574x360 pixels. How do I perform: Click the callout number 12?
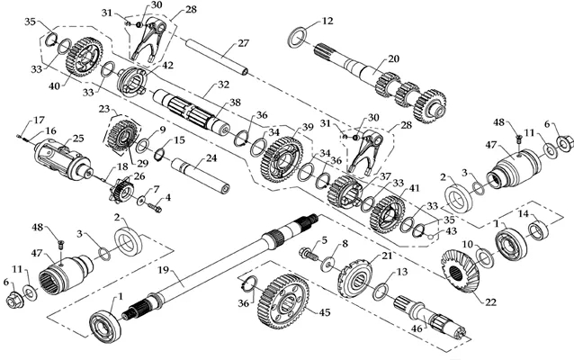point(327,21)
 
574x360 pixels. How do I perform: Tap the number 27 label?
point(243,43)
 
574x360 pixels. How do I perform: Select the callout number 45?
point(325,312)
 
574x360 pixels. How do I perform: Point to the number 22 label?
point(490,302)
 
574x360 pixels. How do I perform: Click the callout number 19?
point(165,272)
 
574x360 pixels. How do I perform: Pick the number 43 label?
point(452,231)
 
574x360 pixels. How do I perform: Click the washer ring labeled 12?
point(297,38)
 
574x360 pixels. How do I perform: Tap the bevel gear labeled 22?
point(459,272)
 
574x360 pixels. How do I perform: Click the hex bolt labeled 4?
point(156,208)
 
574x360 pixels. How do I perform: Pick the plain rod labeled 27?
point(217,57)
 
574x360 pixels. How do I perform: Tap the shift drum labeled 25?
point(63,160)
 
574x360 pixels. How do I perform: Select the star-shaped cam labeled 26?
point(120,190)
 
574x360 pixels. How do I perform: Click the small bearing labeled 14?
point(539,228)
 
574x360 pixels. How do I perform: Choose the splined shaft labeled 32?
point(190,111)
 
